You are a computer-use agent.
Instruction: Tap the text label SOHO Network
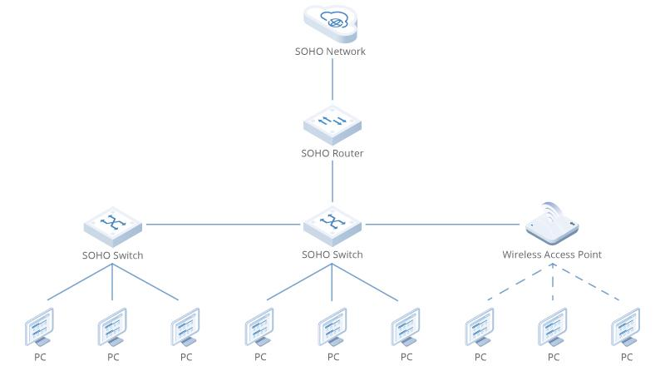tap(331, 52)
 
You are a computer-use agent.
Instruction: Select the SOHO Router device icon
tap(332, 123)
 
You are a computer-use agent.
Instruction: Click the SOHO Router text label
tap(332, 154)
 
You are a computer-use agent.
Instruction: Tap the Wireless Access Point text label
tap(552, 255)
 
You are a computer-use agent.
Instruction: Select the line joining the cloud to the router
tap(332, 79)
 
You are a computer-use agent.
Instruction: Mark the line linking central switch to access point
tap(445, 224)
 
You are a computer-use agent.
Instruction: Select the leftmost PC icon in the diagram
tap(40, 327)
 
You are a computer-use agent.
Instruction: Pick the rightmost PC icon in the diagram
tap(625, 327)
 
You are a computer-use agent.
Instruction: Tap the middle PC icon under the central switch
tap(332, 327)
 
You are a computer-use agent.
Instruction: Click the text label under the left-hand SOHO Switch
tap(113, 255)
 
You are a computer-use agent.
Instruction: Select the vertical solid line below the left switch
tap(113, 283)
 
